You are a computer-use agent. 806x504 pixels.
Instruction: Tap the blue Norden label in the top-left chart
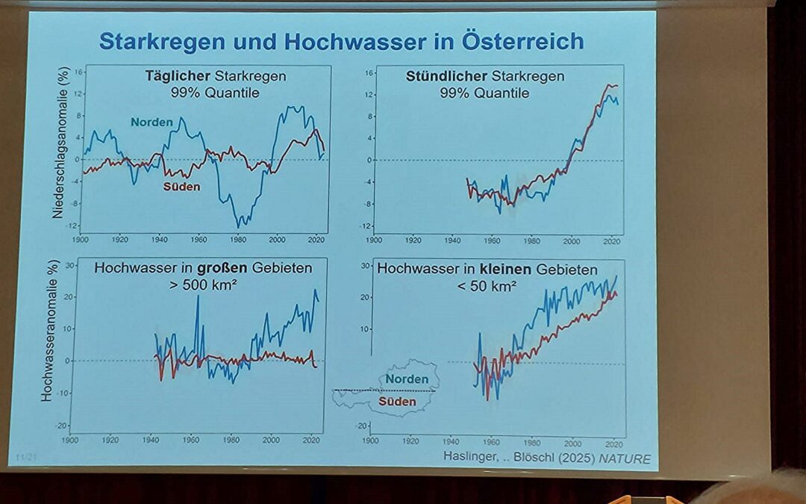pyautogui.click(x=151, y=122)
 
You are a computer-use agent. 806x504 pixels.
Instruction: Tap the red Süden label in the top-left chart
pyautogui.click(x=182, y=187)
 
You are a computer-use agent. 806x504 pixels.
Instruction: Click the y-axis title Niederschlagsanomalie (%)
pyautogui.click(x=57, y=153)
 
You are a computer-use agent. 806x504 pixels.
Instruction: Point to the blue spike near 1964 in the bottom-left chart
pyautogui.click(x=198, y=298)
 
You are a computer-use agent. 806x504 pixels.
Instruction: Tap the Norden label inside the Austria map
pyautogui.click(x=406, y=380)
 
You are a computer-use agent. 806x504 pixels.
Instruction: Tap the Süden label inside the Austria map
pyautogui.click(x=397, y=402)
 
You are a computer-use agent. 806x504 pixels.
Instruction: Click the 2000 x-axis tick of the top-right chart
pyautogui.click(x=572, y=241)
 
